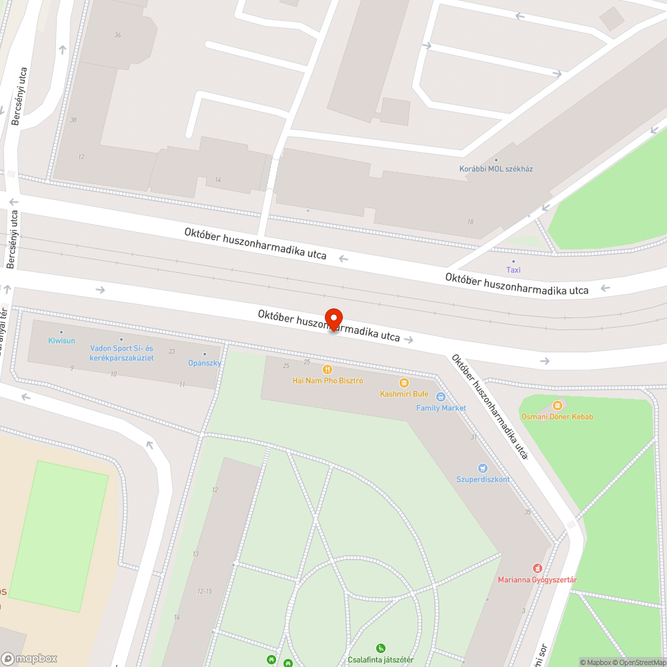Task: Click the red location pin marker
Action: pyautogui.click(x=333, y=319)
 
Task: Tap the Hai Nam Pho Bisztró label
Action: pyautogui.click(x=327, y=381)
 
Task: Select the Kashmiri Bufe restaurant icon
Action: pyautogui.click(x=404, y=382)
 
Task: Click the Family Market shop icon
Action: pyautogui.click(x=440, y=397)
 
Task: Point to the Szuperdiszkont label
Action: pyautogui.click(x=483, y=480)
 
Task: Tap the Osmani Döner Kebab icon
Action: pyautogui.click(x=558, y=405)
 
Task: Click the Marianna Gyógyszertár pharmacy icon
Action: pyautogui.click(x=537, y=568)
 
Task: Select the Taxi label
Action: pyautogui.click(x=513, y=270)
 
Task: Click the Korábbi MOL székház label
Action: pyautogui.click(x=496, y=169)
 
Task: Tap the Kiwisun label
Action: pyautogui.click(x=61, y=341)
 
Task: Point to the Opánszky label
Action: pyautogui.click(x=204, y=363)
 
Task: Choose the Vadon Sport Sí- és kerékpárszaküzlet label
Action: pyautogui.click(x=121, y=354)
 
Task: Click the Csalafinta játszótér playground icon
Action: pyautogui.click(x=380, y=648)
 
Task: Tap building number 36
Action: pyautogui.click(x=117, y=35)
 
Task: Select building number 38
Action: pyautogui.click(x=73, y=120)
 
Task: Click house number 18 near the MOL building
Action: pyautogui.click(x=470, y=221)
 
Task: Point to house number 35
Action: pyautogui.click(x=528, y=512)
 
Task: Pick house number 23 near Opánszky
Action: pyautogui.click(x=171, y=352)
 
